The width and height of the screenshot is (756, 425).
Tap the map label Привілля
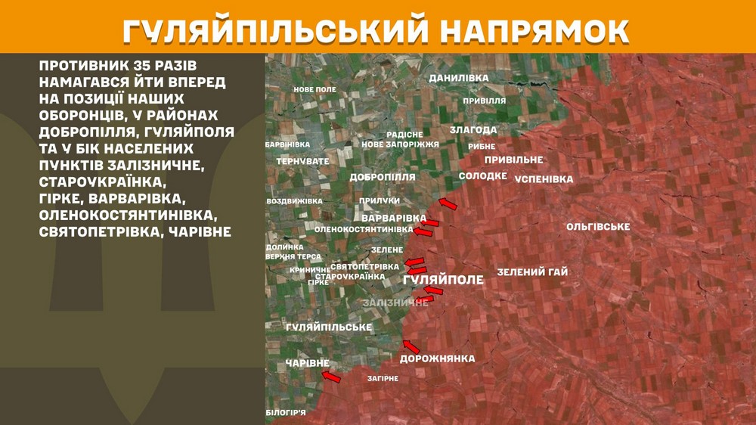[484, 100]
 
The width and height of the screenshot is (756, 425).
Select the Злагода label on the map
[473, 129]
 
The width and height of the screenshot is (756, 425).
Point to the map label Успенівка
[544, 179]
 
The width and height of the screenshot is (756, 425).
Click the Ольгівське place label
[598, 227]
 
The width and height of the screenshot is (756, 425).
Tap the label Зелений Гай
[532, 272]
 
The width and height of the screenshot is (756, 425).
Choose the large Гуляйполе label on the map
[443, 280]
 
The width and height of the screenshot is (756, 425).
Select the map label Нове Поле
[314, 90]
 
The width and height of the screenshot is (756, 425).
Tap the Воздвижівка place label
[295, 201]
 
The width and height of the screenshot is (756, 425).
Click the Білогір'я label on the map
[286, 413]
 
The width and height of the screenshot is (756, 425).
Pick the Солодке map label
[482, 175]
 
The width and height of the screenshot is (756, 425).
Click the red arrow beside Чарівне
[331, 375]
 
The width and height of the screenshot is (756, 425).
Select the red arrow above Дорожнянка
[411, 347]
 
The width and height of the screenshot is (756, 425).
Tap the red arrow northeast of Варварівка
[448, 203]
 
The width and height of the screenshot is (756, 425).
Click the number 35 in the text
[132, 66]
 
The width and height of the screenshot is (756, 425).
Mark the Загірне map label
[383, 379]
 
